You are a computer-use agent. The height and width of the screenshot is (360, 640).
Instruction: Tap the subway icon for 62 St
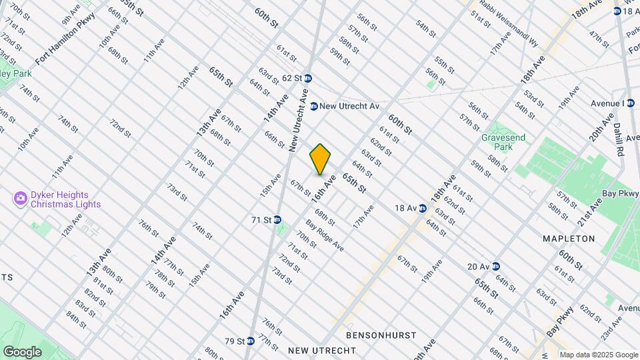pos(308,78)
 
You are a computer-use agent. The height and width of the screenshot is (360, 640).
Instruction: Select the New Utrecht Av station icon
pos(313,106)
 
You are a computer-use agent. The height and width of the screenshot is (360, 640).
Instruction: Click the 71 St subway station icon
pos(277,220)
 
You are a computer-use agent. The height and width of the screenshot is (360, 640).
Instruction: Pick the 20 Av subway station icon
pos(495,267)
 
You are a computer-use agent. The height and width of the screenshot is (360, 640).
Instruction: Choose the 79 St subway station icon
pos(251,341)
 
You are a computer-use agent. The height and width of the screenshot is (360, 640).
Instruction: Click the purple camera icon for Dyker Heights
pos(20,198)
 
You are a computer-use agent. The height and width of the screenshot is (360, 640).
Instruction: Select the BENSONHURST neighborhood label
pos(381,335)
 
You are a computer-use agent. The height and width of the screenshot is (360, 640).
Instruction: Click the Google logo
pos(22,351)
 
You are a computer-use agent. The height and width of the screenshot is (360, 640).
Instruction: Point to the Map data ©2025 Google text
pos(598,355)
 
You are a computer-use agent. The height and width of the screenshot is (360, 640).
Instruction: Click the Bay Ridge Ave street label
pos(325,235)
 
